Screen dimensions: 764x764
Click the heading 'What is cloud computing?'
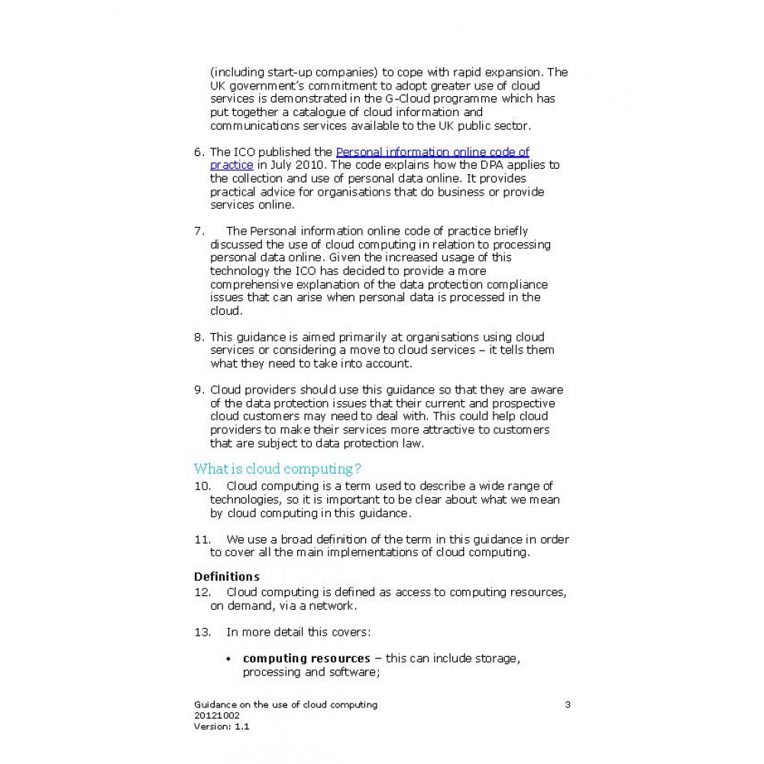(x=277, y=468)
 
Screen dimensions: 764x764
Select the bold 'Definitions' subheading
(x=226, y=576)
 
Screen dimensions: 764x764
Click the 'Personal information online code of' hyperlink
(x=432, y=152)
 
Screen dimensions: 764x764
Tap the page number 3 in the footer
(x=567, y=704)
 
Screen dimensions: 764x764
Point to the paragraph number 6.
(x=199, y=152)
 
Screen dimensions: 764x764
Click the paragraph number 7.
(x=199, y=231)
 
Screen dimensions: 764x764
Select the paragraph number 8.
(x=199, y=337)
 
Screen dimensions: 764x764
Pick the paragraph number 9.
(x=199, y=390)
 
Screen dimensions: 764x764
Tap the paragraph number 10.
(x=202, y=486)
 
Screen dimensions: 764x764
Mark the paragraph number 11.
(x=202, y=539)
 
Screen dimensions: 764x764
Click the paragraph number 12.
(x=202, y=592)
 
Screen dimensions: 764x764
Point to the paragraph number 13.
(x=202, y=632)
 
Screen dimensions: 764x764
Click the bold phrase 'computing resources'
(x=306, y=659)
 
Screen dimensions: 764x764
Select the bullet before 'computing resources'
(x=228, y=659)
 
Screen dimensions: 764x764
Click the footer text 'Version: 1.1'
(x=222, y=727)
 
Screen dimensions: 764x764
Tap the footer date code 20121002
(x=217, y=716)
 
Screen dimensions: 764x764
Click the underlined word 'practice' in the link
(x=231, y=165)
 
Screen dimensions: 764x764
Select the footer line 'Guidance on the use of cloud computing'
(x=286, y=704)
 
